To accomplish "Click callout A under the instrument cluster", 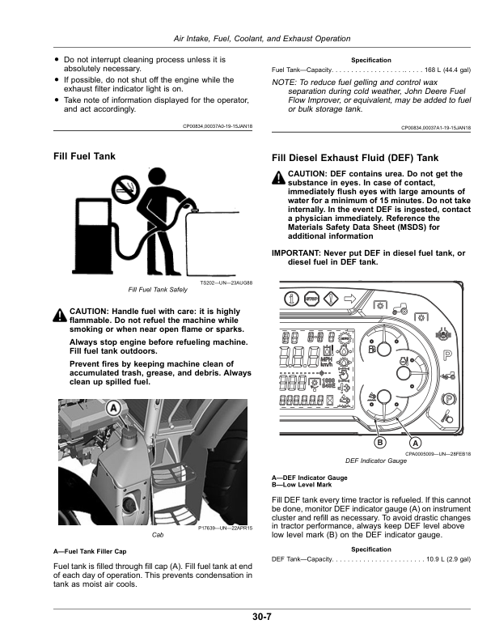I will [416, 443].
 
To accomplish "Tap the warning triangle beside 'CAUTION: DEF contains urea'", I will [279, 177].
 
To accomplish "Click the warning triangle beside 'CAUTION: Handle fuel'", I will [59, 315].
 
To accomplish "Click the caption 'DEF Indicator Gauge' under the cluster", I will [375, 461].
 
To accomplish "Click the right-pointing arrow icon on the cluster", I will [350, 299].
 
